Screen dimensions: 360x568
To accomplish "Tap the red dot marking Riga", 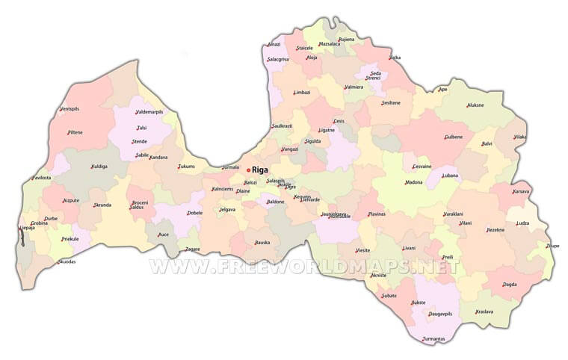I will click(x=248, y=170).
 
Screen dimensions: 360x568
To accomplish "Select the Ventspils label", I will click(x=69, y=109).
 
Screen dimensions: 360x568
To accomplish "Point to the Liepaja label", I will click(x=27, y=228).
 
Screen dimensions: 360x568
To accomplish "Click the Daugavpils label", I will click(x=441, y=314).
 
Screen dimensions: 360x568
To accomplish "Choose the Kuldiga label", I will click(x=99, y=167).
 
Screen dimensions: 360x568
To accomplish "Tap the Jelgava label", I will click(x=227, y=210).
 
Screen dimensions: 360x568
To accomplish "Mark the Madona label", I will click(x=414, y=182).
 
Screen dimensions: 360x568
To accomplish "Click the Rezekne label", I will click(x=496, y=230).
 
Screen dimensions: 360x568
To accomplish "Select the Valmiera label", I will click(x=354, y=87).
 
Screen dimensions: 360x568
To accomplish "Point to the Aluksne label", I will click(x=475, y=105).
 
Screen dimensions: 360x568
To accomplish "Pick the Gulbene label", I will click(x=454, y=137).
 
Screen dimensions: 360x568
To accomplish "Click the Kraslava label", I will click(x=484, y=311).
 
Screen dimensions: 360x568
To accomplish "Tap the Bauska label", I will click(x=262, y=242).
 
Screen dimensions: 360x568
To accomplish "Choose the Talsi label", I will click(x=141, y=128).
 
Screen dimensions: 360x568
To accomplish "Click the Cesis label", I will click(x=339, y=121).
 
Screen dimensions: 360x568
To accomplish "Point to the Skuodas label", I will click(x=67, y=261).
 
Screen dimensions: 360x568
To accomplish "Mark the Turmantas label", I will click(x=434, y=339).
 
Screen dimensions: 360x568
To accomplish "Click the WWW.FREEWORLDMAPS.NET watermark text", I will click(x=303, y=266).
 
